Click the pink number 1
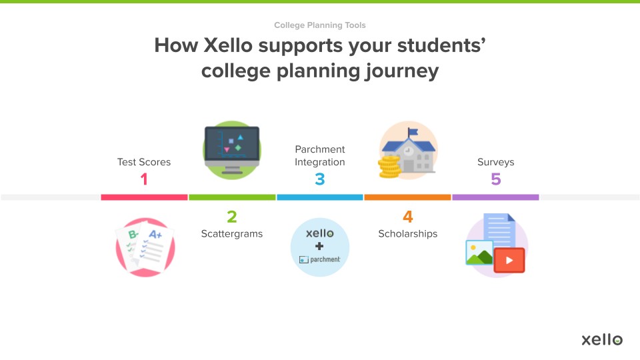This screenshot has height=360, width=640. pyautogui.click(x=144, y=179)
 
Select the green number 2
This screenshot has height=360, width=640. pyautogui.click(x=232, y=217)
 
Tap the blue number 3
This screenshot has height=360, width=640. pyautogui.click(x=320, y=179)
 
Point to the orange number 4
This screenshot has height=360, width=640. pyautogui.click(x=408, y=217)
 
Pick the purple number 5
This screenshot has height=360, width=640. pyautogui.click(x=495, y=179)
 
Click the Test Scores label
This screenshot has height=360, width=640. pyautogui.click(x=144, y=162)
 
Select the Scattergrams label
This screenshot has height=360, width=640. pyautogui.click(x=232, y=234)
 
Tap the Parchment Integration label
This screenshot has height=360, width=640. pyautogui.click(x=320, y=156)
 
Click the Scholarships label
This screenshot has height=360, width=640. pyautogui.click(x=408, y=234)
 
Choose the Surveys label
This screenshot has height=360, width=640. pyautogui.click(x=495, y=162)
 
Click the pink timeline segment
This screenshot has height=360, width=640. pyautogui.click(x=144, y=197)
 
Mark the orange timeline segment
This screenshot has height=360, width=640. pyautogui.click(x=408, y=197)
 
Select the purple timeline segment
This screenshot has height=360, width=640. pyautogui.click(x=495, y=197)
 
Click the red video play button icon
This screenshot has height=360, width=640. pyautogui.click(x=509, y=260)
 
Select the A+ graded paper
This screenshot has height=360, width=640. pyautogui.click(x=155, y=245)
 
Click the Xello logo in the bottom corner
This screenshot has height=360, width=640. pyautogui.click(x=601, y=339)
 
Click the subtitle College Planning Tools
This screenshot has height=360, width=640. pyautogui.click(x=320, y=25)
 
